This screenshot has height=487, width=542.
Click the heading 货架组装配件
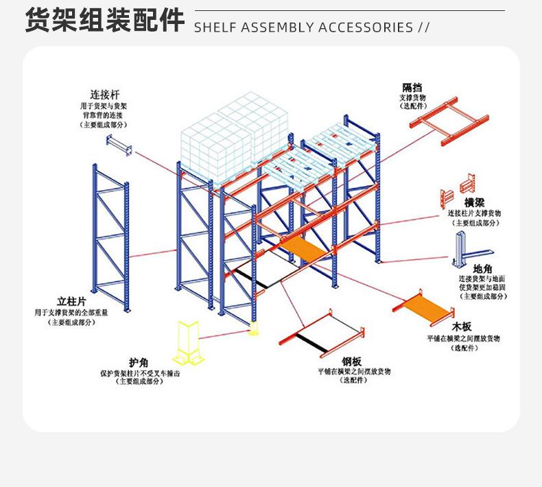[104, 21]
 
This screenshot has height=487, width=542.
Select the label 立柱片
[71, 300]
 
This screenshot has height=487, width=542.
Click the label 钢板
[351, 361]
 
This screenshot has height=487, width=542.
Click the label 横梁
[475, 203]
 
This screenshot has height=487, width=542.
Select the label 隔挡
[412, 87]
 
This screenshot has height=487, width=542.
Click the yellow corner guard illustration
[189, 342]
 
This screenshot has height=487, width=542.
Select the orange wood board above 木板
[425, 306]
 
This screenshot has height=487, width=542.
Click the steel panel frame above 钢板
[322, 333]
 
